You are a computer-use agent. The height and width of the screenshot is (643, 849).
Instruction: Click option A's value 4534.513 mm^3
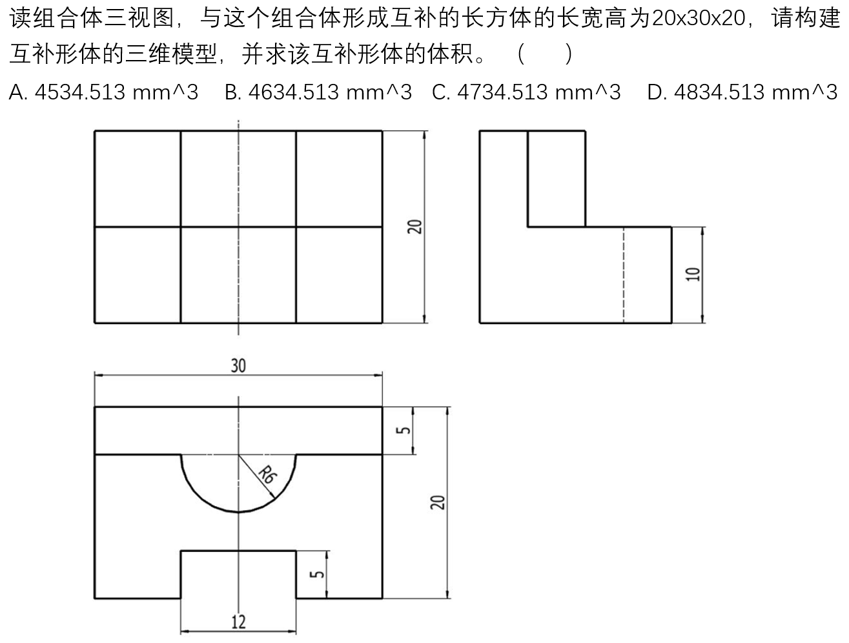point(116,92)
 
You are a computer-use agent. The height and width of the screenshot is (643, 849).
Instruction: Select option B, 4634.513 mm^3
point(330,92)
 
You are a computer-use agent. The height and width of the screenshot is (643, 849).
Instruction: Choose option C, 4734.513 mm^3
point(539,92)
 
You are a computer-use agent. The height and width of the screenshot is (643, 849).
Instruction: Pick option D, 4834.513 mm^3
point(756,92)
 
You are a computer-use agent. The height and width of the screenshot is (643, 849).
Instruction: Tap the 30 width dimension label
point(238,365)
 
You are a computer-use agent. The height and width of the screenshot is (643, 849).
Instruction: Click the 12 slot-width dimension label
point(238,622)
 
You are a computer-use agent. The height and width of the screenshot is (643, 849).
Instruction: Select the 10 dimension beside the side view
point(693,274)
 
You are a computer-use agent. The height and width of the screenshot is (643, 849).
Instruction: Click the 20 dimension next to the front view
point(414,227)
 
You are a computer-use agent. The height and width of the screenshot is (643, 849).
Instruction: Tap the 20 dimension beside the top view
point(438,502)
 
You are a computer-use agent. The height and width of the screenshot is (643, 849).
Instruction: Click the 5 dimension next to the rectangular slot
point(317,574)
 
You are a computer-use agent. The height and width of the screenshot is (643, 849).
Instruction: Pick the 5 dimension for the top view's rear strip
point(403,431)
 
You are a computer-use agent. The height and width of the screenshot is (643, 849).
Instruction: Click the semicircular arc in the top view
point(238,512)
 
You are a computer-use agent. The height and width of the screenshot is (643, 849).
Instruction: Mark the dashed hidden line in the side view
point(623,275)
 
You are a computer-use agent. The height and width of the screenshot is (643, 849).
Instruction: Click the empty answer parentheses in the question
point(544,54)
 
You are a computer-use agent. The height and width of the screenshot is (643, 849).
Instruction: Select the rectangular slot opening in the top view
point(238,575)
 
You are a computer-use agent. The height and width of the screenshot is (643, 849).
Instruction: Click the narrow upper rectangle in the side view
point(556,179)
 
